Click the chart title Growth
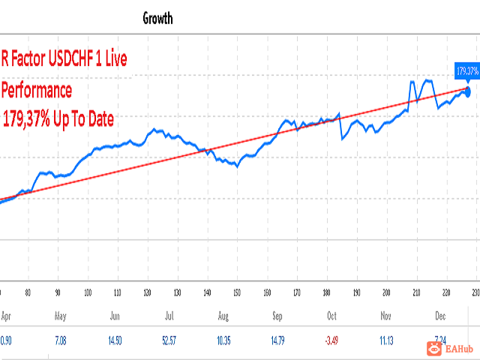tap(157, 19)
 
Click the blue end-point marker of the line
tap(468, 91)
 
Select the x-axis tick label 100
tap(88, 293)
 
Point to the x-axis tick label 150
tap(236, 293)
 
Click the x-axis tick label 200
tap(385, 293)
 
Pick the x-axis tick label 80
tap(28, 293)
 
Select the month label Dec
tap(441, 317)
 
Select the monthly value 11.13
tap(385, 340)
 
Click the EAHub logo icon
tap(433, 347)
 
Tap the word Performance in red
tap(37, 91)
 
